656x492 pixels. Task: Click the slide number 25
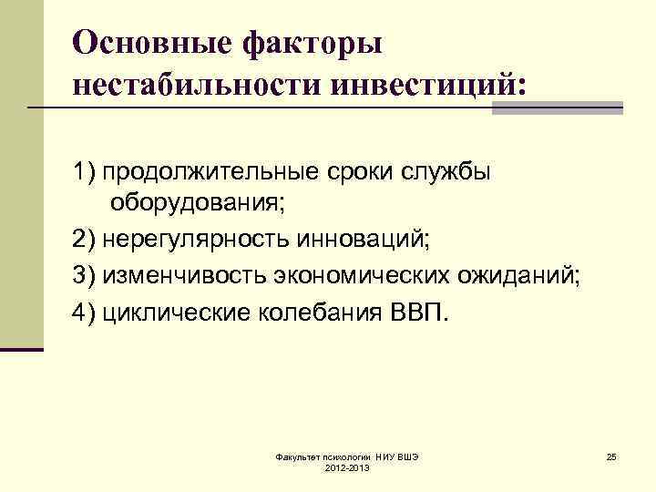tap(611, 455)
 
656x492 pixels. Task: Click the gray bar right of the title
tap(557, 108)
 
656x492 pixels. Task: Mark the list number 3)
tap(84, 276)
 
